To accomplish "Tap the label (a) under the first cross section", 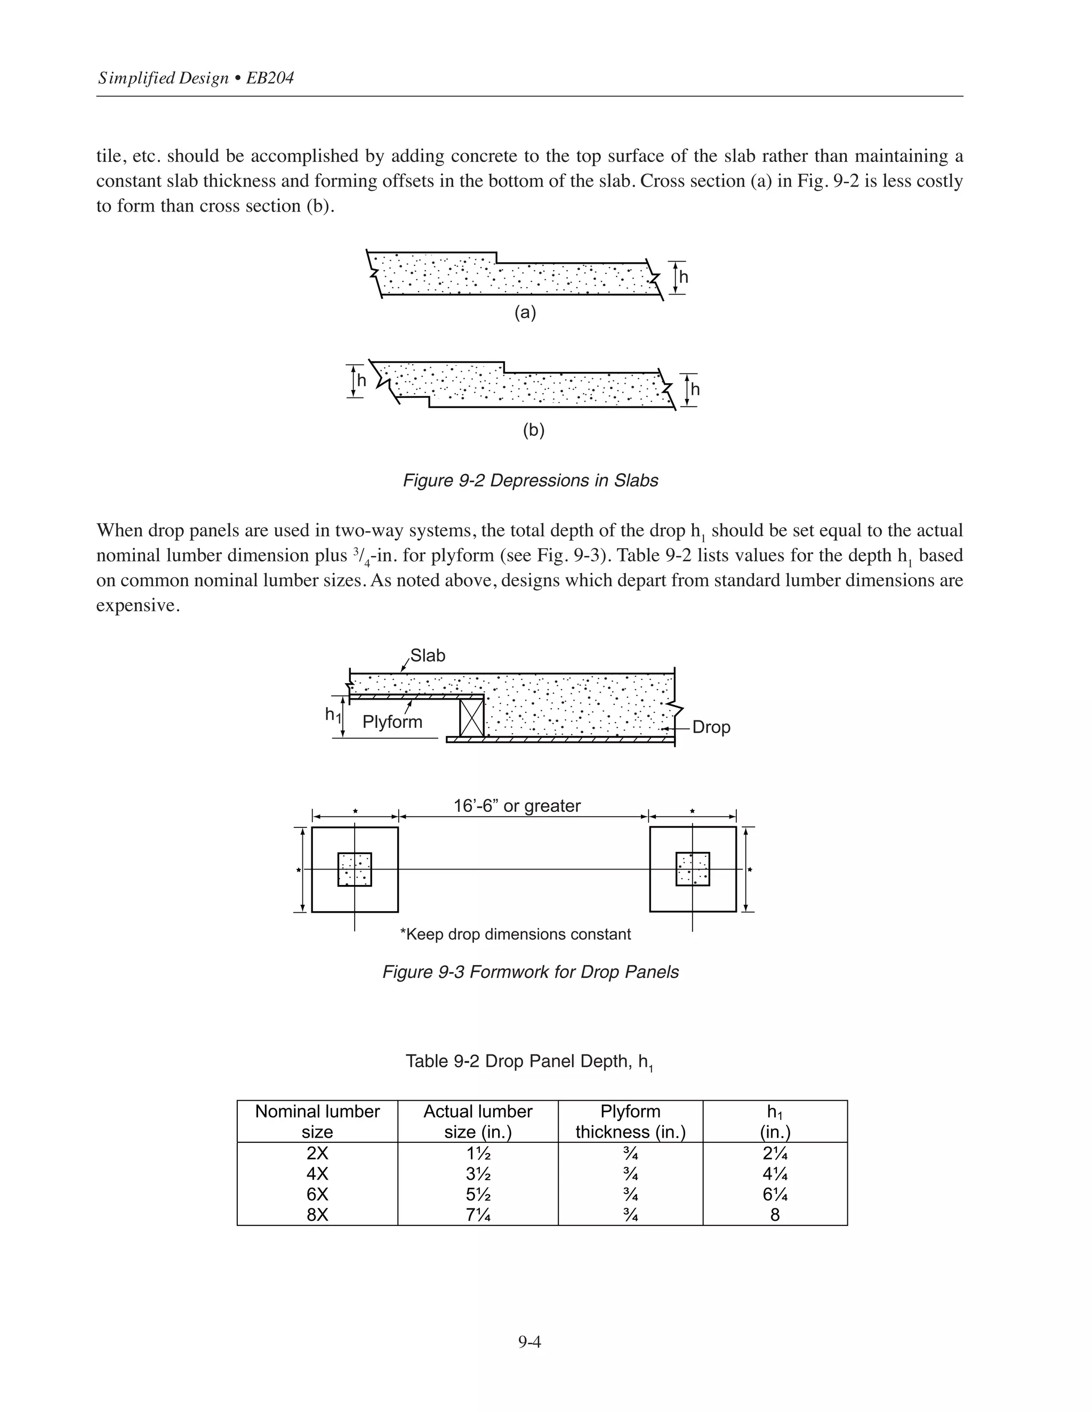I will click(525, 313).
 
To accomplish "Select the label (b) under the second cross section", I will click(533, 430).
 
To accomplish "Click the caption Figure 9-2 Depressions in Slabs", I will click(530, 481).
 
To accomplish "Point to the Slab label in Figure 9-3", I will click(428, 655).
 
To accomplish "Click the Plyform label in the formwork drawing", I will click(392, 721).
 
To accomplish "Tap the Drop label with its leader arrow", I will click(710, 727).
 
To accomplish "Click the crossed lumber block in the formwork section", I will click(471, 718).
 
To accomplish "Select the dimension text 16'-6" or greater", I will click(516, 806).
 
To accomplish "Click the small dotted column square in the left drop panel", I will click(355, 869).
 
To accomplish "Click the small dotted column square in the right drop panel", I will click(692, 869).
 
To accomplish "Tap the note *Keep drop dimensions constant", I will click(515, 934).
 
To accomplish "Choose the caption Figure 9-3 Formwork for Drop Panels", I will click(530, 972).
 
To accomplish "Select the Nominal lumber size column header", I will click(317, 1121).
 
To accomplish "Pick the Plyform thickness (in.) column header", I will click(630, 1121).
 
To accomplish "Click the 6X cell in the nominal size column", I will click(317, 1194).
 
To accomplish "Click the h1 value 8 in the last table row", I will click(774, 1215).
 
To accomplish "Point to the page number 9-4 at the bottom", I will click(528, 1342).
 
